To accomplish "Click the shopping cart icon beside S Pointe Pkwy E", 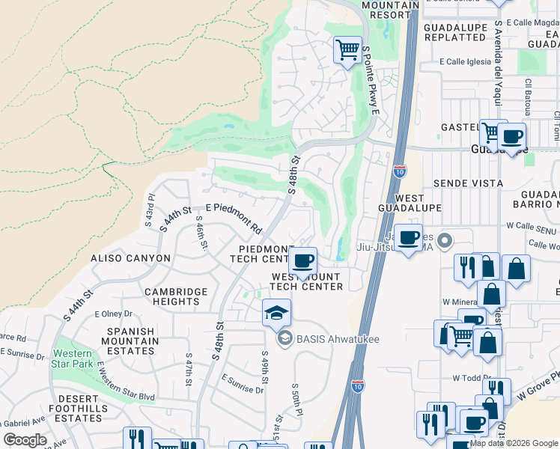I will (x=347, y=51).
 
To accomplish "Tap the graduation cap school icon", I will (x=276, y=312).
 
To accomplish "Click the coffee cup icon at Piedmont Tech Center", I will (x=302, y=261).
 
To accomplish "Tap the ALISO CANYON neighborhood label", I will (x=131, y=258).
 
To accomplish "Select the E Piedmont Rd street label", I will (x=233, y=218).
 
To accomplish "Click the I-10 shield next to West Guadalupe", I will (x=400, y=171).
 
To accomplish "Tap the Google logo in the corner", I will (x=25, y=440).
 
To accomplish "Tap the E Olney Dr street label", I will (x=113, y=314).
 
